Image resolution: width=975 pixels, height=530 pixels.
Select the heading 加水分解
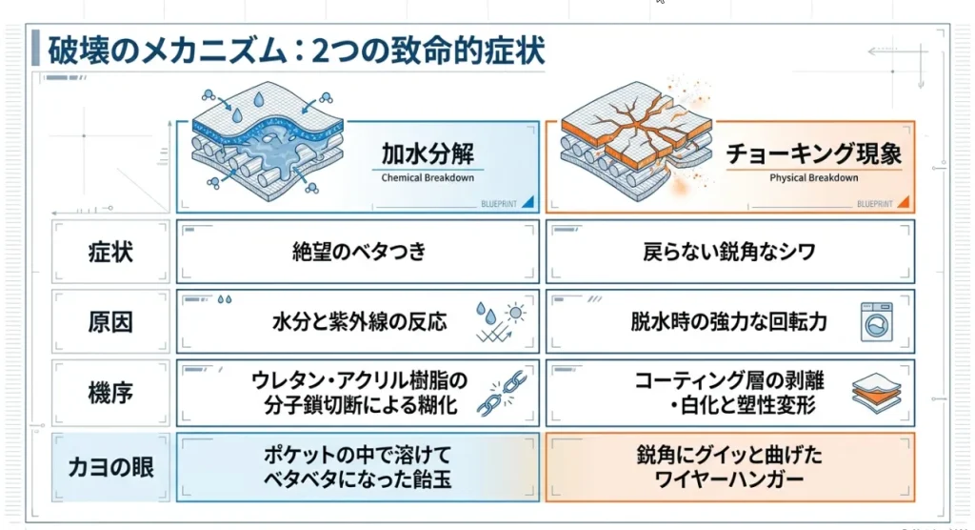[428, 153]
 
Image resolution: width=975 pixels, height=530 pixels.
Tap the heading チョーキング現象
[813, 153]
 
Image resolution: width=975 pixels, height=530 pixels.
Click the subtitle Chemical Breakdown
[428, 177]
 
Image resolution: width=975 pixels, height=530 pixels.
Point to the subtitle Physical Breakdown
[813, 177]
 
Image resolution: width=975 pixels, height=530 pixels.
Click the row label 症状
[110, 253]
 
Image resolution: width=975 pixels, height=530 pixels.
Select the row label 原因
[110, 322]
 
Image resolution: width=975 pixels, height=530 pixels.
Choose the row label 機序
[110, 393]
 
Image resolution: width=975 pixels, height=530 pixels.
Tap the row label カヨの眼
[110, 467]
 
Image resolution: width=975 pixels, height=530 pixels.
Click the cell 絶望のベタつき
[359, 252]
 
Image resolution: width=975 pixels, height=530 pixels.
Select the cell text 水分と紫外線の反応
[359, 322]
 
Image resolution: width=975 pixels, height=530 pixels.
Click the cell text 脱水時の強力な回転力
[728, 322]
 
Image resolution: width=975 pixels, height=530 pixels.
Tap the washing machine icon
[877, 322]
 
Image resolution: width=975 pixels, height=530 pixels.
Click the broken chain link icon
[502, 393]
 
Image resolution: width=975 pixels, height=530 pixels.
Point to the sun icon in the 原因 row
[515, 313]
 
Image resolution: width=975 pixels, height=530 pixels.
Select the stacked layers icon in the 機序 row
[876, 393]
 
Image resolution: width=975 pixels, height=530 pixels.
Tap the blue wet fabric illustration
[268, 142]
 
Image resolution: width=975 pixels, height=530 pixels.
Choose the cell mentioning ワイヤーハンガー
[729, 467]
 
